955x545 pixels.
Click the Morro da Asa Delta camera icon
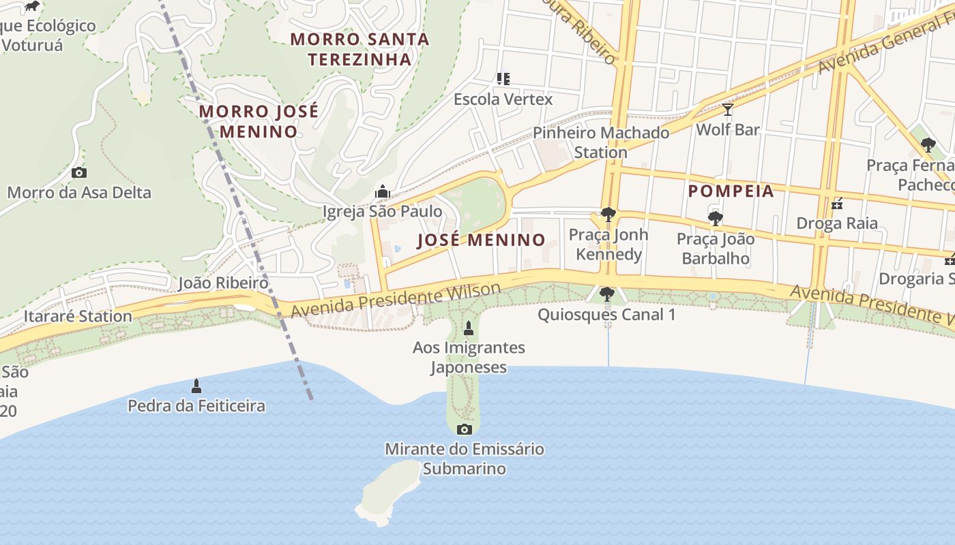click(79, 173)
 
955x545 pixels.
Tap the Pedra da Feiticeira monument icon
click(196, 387)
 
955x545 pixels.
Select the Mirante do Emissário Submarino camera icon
click(465, 429)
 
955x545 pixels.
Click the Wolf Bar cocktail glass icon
click(728, 110)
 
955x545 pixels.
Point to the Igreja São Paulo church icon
click(383, 192)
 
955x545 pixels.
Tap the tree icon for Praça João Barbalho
click(716, 219)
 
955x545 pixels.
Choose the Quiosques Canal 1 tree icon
click(606, 294)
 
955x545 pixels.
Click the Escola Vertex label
click(503, 99)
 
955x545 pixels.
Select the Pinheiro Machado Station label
click(601, 142)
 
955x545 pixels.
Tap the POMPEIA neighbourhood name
click(731, 191)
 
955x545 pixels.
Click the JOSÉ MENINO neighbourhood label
click(481, 240)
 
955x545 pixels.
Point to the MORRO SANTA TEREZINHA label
click(359, 49)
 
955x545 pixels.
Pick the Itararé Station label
click(78, 316)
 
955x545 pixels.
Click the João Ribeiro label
click(223, 283)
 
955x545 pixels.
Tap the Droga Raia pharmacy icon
click(837, 204)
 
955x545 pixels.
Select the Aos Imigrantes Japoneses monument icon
click(469, 328)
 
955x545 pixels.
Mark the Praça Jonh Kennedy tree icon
click(608, 215)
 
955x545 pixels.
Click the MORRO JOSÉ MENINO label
click(259, 121)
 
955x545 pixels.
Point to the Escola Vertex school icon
click(503, 79)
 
